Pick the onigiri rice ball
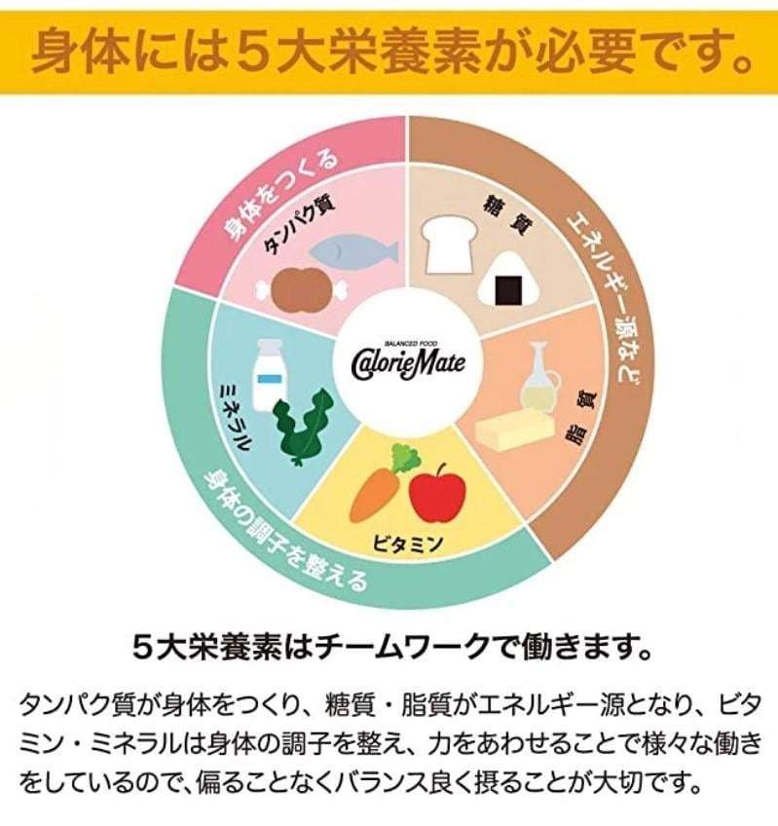click(x=506, y=281)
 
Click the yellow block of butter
click(x=516, y=430)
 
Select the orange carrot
click(x=381, y=486)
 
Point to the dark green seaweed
click(x=304, y=427)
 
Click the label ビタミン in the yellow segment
click(x=408, y=544)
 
